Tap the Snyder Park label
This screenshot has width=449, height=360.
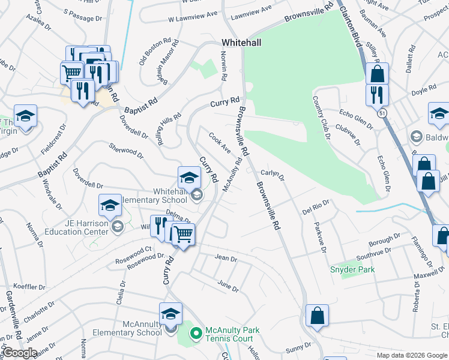point(352,269)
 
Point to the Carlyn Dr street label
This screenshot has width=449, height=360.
point(272,175)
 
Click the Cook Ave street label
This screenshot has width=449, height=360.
point(219,143)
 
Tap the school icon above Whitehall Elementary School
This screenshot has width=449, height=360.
point(188,178)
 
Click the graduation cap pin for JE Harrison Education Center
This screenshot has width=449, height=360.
point(110,206)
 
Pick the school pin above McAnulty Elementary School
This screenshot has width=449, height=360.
point(170,314)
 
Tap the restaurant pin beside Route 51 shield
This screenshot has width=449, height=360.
point(377,95)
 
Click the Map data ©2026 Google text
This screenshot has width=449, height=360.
point(411,355)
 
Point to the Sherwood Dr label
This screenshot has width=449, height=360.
point(127,150)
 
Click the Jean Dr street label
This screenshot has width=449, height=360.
point(226,258)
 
